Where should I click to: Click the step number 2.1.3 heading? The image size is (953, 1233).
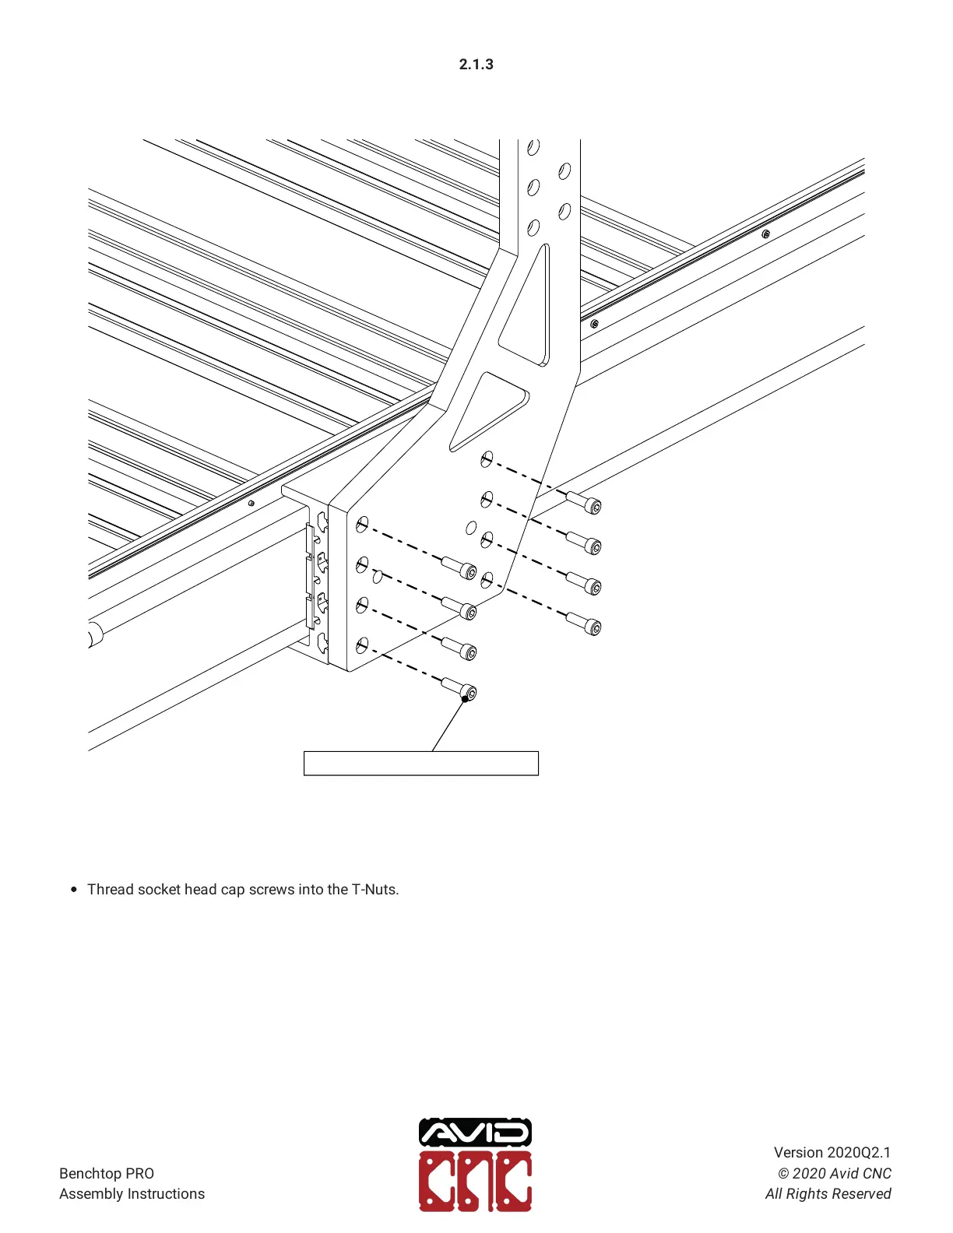tap(476, 65)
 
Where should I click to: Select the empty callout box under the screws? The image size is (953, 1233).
tap(420, 763)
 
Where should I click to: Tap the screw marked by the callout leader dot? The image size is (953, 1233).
tap(459, 689)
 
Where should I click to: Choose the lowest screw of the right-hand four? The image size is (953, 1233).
tap(585, 624)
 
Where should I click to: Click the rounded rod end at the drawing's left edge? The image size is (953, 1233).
tap(94, 634)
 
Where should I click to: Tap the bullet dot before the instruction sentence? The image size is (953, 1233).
tap(74, 890)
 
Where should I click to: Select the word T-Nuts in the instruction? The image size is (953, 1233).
tap(375, 889)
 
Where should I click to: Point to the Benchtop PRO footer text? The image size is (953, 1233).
tap(107, 1173)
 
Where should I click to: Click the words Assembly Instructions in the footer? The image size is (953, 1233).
tap(132, 1193)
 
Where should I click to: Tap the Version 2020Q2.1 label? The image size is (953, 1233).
tap(832, 1152)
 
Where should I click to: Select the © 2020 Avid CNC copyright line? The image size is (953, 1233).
tap(834, 1173)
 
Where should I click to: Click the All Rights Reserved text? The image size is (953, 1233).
tap(828, 1193)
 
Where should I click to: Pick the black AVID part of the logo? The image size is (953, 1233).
tap(475, 1133)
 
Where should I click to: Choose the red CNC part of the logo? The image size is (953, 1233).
tap(475, 1182)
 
